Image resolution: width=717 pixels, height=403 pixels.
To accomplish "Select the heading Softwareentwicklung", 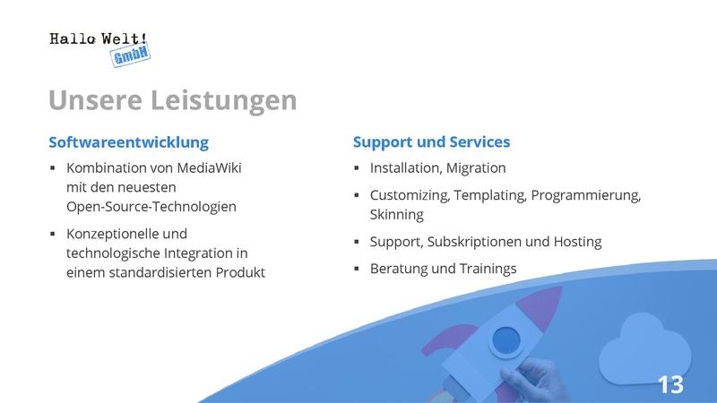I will pyautogui.click(x=128, y=142).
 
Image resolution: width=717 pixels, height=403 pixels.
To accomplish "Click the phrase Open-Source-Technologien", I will pyautogui.click(x=151, y=207).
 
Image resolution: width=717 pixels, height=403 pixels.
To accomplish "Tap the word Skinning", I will pyautogui.click(x=396, y=215).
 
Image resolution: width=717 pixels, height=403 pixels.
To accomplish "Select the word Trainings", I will pyautogui.click(x=488, y=269).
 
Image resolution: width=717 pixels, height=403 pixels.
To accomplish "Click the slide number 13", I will pyautogui.click(x=670, y=385).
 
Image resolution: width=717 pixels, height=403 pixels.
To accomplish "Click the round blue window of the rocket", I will pyautogui.click(x=506, y=341).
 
